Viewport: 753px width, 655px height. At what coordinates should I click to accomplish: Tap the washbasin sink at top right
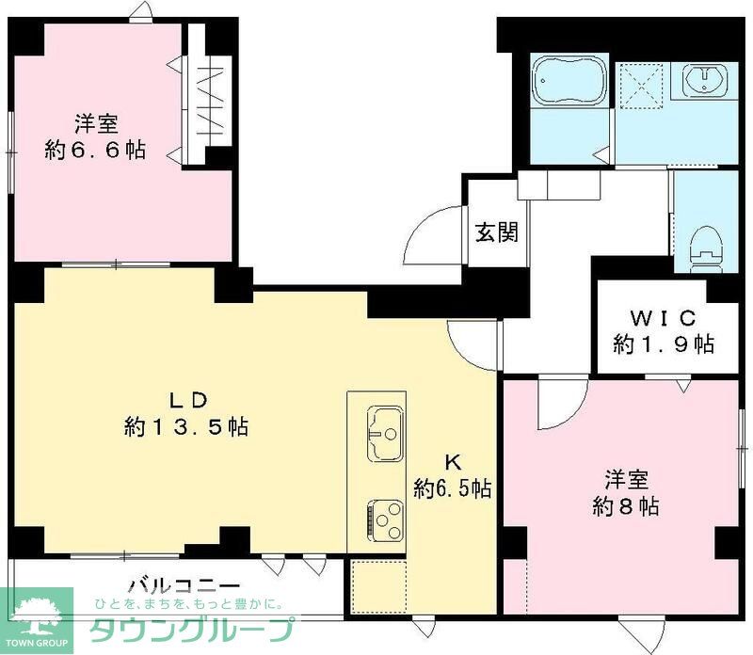click(705, 80)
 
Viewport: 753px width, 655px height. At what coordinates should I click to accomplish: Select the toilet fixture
click(703, 248)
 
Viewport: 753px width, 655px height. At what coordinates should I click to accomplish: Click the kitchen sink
click(383, 434)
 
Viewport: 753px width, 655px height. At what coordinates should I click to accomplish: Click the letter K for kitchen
click(452, 461)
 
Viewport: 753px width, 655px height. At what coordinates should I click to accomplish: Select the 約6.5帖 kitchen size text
click(452, 488)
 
